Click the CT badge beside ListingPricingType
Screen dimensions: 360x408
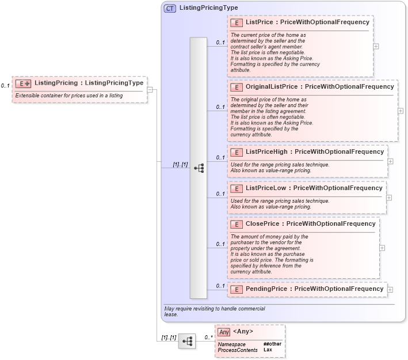tap(170, 9)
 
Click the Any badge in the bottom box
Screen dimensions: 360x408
tap(224, 332)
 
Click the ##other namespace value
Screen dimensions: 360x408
tap(273, 344)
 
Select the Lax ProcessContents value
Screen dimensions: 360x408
tap(268, 350)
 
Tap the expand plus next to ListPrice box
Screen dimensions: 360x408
tap(376, 46)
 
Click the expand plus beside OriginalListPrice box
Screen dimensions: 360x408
tap(401, 111)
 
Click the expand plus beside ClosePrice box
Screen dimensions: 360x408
tap(382, 248)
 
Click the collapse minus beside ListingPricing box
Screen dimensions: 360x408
tap(150, 89)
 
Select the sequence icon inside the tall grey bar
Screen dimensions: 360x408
tap(199, 168)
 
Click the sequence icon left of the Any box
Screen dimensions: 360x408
tap(186, 341)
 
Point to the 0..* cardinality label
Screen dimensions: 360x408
tap(209, 337)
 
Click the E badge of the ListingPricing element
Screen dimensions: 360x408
tap(24, 84)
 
